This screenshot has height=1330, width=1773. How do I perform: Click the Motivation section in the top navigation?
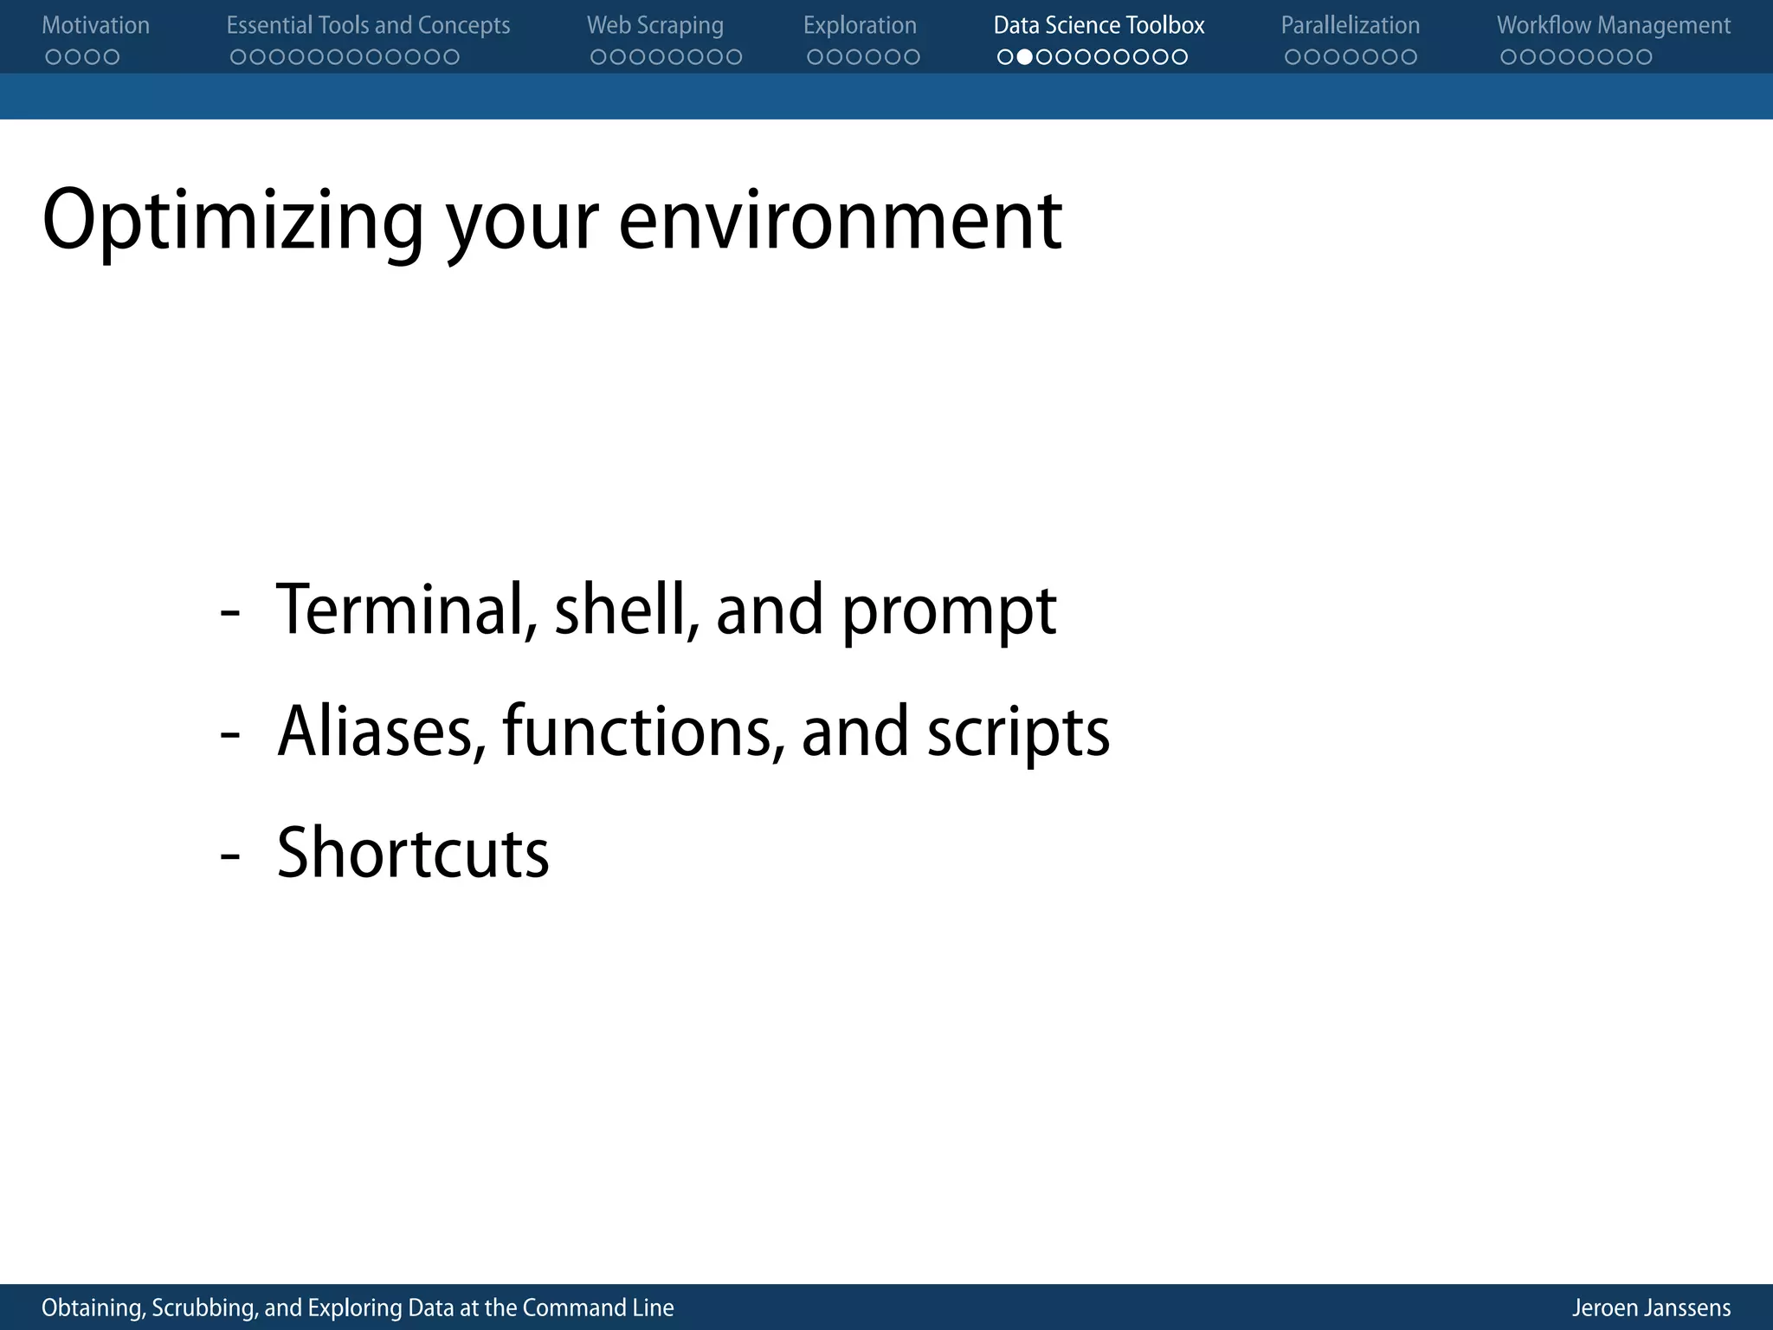point(95,25)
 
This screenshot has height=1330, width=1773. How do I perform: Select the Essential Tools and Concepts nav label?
point(368,25)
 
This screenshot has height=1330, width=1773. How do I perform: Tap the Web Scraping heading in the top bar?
point(654,25)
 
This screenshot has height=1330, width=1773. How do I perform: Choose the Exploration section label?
point(860,25)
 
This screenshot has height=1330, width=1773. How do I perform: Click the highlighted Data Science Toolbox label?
point(1099,25)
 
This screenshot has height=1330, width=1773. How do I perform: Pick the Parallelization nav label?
point(1350,25)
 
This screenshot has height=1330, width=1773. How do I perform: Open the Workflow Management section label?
point(1614,25)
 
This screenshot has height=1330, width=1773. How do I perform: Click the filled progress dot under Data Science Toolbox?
point(1024,57)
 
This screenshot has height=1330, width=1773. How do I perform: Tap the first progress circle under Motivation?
point(54,57)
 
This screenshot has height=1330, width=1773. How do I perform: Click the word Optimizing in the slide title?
point(232,222)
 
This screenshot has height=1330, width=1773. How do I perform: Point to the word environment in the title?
point(840,222)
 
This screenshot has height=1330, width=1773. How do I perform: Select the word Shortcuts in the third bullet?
point(413,853)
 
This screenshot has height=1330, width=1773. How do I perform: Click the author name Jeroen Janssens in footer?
point(1651,1307)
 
